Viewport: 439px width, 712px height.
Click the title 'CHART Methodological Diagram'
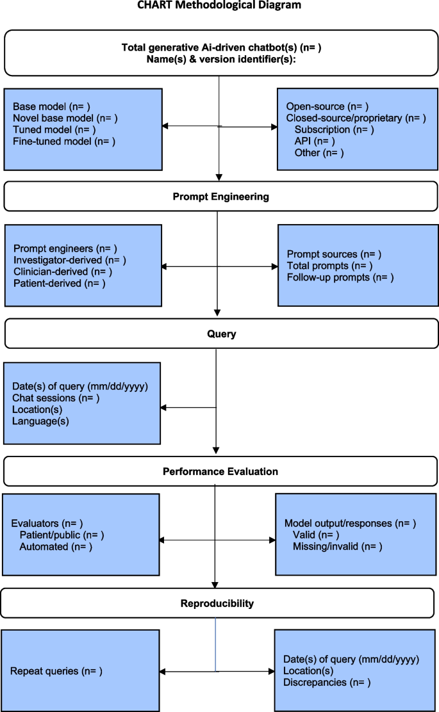pyautogui.click(x=219, y=5)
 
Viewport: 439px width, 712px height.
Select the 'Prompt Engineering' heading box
pyautogui.click(x=220, y=197)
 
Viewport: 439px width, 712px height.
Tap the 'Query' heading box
pyautogui.click(x=221, y=334)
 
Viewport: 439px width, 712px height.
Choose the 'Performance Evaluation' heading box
pyautogui.click(x=220, y=471)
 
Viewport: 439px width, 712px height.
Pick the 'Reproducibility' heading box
pyautogui.click(x=217, y=603)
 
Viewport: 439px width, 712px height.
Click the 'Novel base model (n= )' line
pyautogui.click(x=65, y=118)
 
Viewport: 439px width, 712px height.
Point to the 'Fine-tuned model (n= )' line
pyautogui.click(x=64, y=141)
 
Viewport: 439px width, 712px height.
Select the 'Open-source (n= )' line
pyautogui.click(x=327, y=106)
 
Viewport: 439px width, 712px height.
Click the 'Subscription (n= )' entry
pyautogui.click(x=334, y=129)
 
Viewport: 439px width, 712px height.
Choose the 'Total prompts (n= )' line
pyautogui.click(x=329, y=266)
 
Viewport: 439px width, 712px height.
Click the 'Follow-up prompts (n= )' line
pyautogui.click(x=340, y=277)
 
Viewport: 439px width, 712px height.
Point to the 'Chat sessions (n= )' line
pyautogui.click(x=56, y=398)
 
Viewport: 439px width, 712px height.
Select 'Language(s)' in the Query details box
pyautogui.click(x=40, y=421)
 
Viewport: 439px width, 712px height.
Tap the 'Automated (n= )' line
pyautogui.click(x=56, y=546)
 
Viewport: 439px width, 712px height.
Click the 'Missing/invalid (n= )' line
pyautogui.click(x=337, y=546)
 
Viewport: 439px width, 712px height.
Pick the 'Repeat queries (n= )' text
pyautogui.click(x=56, y=671)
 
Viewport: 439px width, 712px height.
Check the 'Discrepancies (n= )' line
pyautogui.click(x=327, y=683)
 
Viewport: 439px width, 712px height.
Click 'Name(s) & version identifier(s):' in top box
pyautogui.click(x=220, y=58)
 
